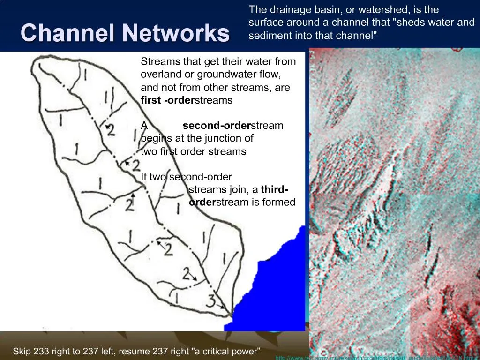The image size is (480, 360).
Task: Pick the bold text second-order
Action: click(x=217, y=126)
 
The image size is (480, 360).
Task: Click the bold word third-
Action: click(x=275, y=189)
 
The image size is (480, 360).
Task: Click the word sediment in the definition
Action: click(x=267, y=36)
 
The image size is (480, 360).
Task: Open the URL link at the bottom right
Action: click(x=375, y=358)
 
